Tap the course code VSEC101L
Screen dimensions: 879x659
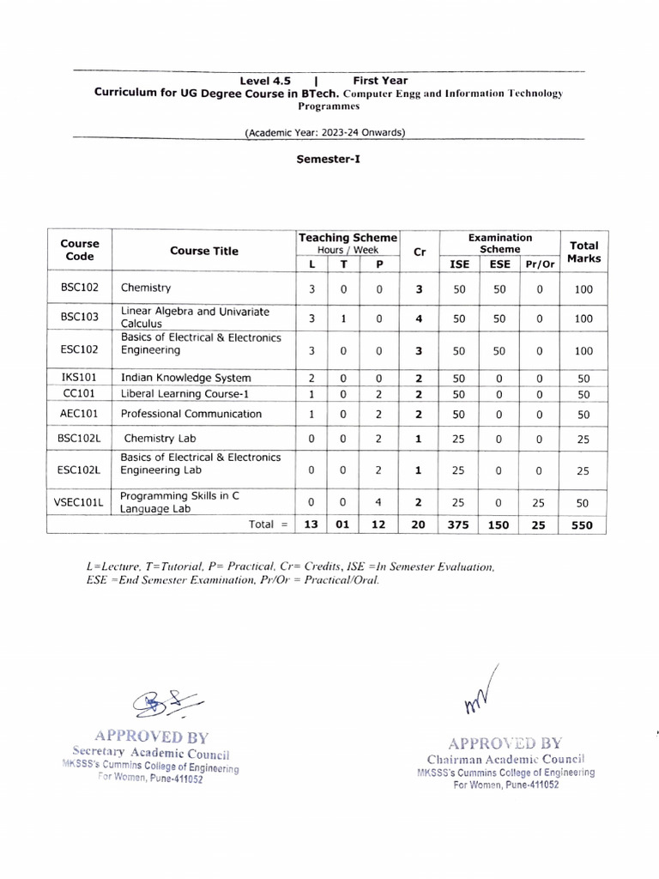[78, 502]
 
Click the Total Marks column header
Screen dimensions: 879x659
[583, 252]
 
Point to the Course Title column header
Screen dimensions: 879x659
[204, 252]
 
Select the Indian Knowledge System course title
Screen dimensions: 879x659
[185, 377]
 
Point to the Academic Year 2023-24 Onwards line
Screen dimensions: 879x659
[325, 132]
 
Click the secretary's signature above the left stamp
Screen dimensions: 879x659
[168, 704]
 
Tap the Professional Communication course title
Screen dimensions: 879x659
[190, 414]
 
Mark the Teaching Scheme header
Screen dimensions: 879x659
[347, 238]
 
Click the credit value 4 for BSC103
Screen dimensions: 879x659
[418, 318]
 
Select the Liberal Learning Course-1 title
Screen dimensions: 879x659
[184, 394]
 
